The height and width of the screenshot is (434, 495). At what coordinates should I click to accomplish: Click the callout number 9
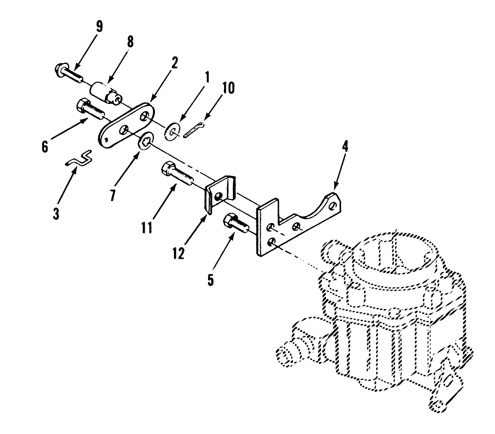tap(99, 26)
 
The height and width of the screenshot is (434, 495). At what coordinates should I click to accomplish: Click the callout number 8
tap(130, 42)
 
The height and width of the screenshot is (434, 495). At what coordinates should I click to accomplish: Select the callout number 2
tap(174, 62)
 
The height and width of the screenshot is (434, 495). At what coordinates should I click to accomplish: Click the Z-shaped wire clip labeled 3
tap(78, 159)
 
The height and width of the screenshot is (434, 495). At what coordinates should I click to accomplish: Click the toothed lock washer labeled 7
tap(146, 143)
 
